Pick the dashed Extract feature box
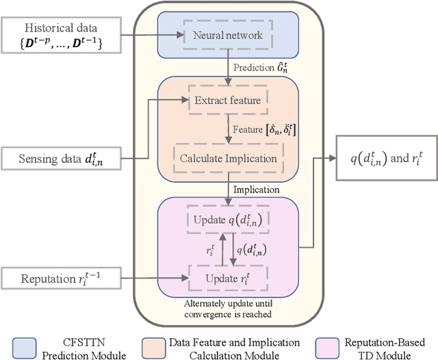tap(228, 101)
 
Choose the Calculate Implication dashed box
tap(228, 159)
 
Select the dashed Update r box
tap(228, 278)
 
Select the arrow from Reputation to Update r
tap(151, 279)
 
